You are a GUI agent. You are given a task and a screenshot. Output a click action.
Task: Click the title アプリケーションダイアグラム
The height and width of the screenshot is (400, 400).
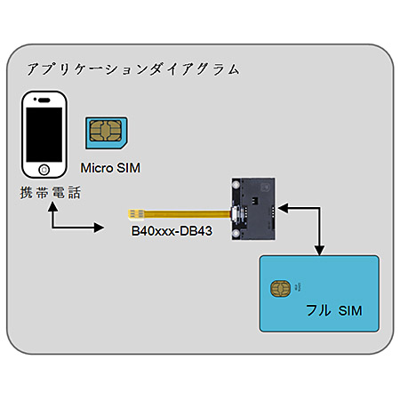click(x=133, y=69)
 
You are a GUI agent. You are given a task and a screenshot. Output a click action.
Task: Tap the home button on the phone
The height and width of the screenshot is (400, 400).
click(x=44, y=170)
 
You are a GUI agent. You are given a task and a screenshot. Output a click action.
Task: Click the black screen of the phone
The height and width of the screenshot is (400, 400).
click(x=44, y=134)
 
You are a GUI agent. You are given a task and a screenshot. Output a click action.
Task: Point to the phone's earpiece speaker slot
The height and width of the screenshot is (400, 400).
click(x=44, y=100)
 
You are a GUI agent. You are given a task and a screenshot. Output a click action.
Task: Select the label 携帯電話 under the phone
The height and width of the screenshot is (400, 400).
click(x=51, y=193)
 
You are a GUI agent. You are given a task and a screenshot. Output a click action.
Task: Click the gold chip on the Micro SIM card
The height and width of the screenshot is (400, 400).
click(x=106, y=131)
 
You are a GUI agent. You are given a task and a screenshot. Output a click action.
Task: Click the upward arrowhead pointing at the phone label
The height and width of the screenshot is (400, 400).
click(x=52, y=206)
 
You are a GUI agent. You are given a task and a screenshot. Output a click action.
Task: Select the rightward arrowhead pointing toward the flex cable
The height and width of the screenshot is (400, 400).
click(x=99, y=228)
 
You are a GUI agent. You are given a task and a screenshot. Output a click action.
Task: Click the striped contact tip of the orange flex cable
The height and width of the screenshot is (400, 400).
click(x=136, y=214)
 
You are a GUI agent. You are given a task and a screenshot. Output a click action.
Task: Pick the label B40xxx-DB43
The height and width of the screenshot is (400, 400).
click(x=172, y=231)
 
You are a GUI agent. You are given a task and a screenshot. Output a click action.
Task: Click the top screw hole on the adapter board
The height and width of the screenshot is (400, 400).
click(x=236, y=185)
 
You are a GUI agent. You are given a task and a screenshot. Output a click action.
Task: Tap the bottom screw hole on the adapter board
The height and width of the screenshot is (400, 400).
click(x=236, y=234)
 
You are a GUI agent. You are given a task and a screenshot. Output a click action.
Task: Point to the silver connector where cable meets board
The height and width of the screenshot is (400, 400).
click(x=234, y=214)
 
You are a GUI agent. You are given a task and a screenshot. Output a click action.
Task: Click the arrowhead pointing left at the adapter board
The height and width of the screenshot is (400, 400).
click(x=283, y=208)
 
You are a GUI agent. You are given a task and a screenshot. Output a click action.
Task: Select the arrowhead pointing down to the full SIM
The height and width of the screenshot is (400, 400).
click(x=319, y=251)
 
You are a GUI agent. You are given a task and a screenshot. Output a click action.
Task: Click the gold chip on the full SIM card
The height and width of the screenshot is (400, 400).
click(x=280, y=289)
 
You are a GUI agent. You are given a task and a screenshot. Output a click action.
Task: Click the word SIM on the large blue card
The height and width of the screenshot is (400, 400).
click(x=350, y=311)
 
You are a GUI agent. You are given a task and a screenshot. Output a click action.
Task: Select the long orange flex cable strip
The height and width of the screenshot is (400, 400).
click(x=188, y=214)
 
